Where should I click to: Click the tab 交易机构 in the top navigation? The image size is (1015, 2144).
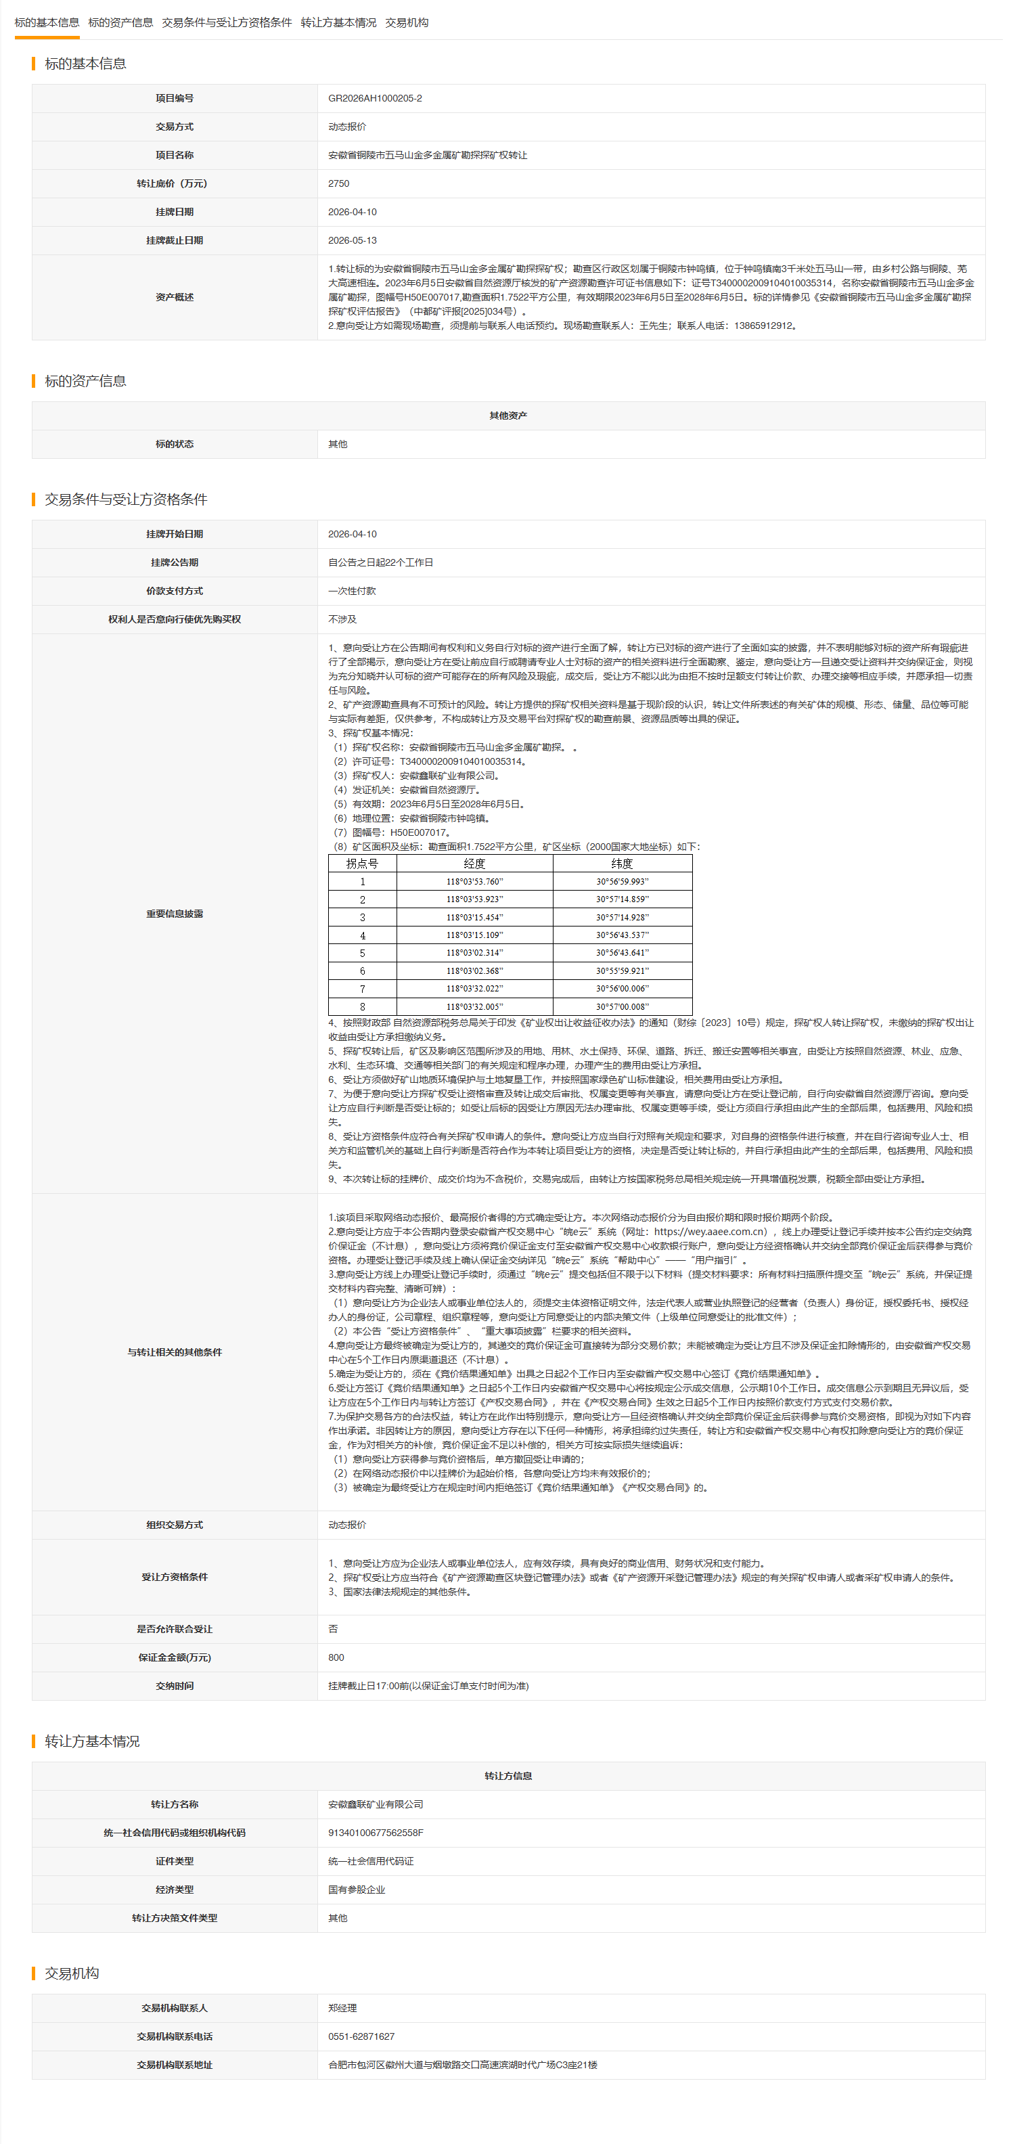406,22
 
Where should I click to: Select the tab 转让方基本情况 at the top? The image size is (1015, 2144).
338,22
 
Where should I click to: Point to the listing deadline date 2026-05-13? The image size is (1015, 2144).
352,240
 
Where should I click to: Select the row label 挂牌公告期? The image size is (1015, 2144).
174,562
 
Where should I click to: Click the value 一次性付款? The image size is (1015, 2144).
351,591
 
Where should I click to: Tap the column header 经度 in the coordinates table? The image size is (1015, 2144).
474,864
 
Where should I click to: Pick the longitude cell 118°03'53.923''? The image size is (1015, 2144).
474,899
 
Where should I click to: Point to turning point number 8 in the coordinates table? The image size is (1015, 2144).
362,1006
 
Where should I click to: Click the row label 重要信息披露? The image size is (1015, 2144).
174,914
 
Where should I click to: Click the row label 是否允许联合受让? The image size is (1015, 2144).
174,1629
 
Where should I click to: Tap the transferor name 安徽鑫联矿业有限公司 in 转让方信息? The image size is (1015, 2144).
376,1804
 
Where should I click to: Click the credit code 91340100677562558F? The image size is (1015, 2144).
376,1833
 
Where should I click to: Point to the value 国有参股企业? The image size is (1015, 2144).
356,1890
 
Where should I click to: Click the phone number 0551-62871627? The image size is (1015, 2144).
361,2036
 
